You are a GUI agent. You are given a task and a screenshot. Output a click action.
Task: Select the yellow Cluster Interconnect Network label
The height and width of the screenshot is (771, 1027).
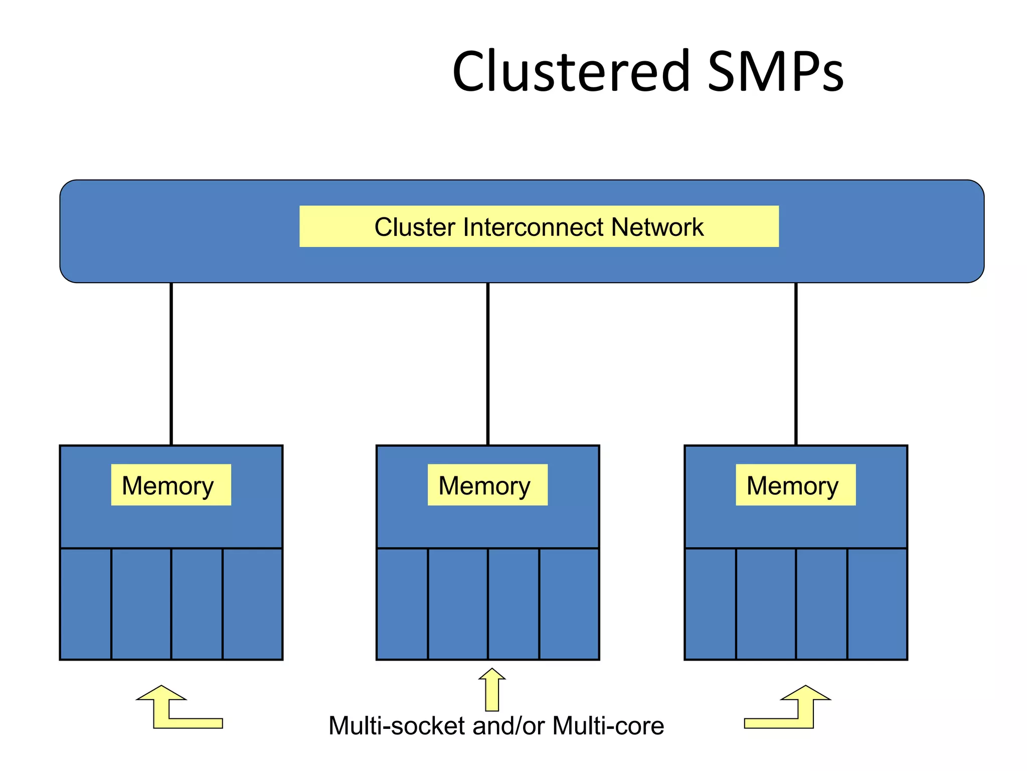point(539,226)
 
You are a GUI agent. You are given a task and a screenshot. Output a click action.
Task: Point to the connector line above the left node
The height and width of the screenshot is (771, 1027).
point(171,364)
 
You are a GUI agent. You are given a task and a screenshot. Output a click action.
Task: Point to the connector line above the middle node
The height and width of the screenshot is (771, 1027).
point(487,364)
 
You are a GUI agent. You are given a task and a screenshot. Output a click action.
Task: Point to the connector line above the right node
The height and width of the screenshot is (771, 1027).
point(796,364)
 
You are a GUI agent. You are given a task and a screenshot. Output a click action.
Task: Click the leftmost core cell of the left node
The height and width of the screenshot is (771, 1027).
point(85,604)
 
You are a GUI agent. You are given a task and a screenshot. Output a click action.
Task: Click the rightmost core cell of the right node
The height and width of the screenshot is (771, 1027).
point(877,604)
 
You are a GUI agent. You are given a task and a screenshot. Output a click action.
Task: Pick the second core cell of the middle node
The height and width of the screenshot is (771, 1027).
point(457,604)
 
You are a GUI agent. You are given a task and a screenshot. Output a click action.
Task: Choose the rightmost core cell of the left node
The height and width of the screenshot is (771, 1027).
point(252,604)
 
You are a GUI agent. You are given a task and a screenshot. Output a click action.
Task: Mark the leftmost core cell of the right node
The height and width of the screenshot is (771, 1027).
point(710,604)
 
